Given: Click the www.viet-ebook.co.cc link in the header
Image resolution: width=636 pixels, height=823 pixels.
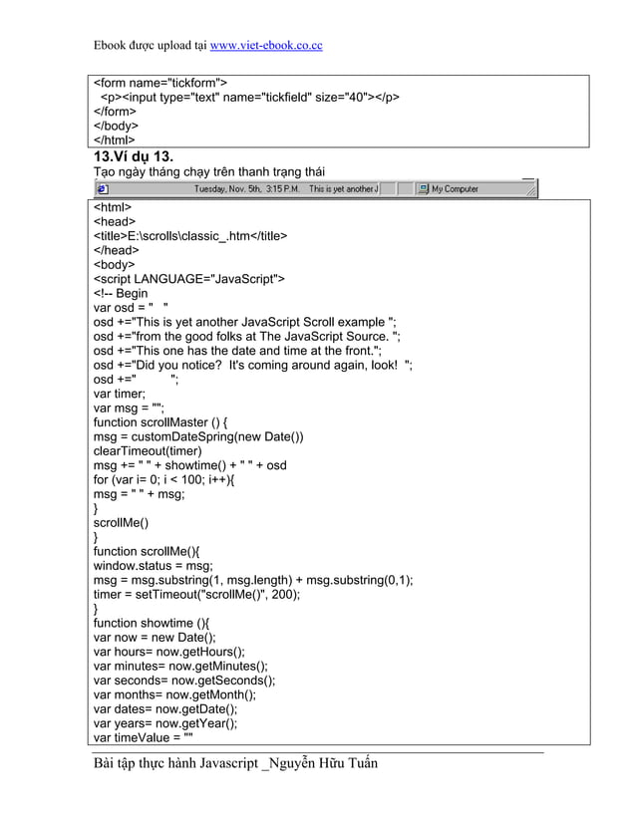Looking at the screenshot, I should coord(265,46).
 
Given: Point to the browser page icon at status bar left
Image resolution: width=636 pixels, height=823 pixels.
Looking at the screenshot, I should coord(101,189).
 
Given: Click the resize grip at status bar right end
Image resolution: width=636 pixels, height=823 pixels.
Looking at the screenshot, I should coord(530,189).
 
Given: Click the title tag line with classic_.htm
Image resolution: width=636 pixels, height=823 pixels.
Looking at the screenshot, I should coord(190,236).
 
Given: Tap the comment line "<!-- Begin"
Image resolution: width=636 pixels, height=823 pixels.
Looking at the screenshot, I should coord(121,293).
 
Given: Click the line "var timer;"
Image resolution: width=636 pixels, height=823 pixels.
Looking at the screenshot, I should coord(119,394).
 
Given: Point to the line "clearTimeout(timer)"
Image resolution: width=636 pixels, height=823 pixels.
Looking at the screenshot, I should coord(148,451).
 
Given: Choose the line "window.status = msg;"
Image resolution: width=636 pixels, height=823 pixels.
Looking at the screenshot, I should coord(154,566).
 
